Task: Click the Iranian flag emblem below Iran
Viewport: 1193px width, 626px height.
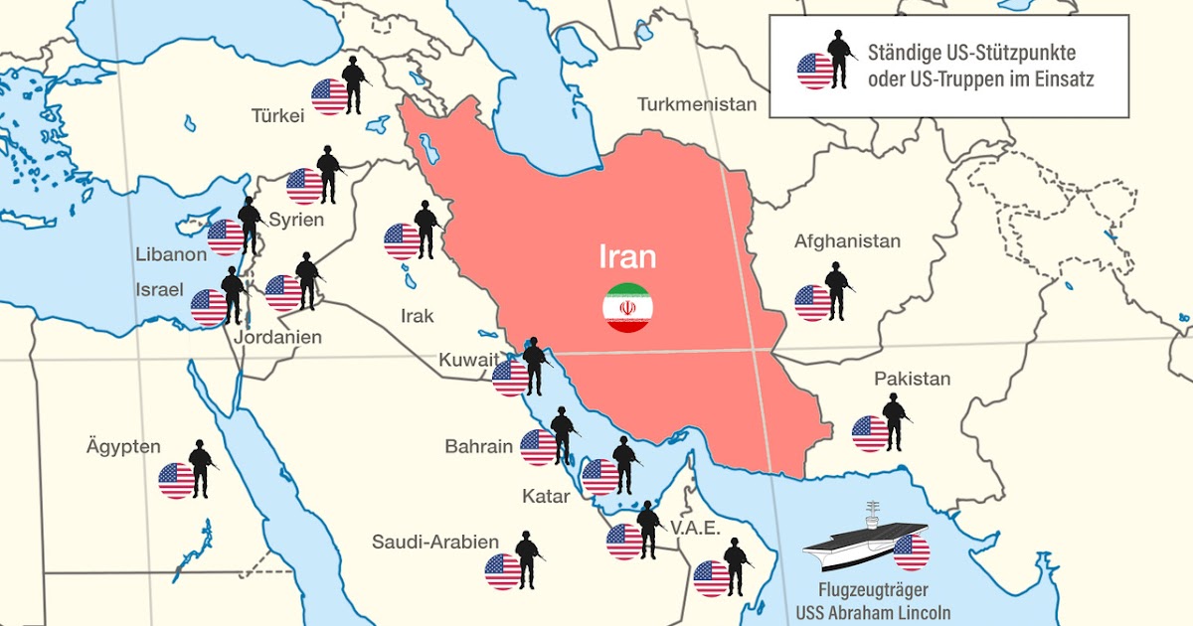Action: [x=627, y=308]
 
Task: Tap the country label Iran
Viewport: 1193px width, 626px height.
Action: [x=627, y=257]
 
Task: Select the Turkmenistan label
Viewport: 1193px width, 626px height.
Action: [x=697, y=104]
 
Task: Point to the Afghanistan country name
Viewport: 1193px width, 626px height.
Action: [x=847, y=241]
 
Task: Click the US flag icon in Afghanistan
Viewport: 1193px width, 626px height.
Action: [x=813, y=303]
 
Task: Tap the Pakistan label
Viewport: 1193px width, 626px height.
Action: [x=912, y=379]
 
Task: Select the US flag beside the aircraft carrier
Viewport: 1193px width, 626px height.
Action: [x=911, y=552]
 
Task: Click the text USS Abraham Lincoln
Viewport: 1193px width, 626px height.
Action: [x=873, y=611]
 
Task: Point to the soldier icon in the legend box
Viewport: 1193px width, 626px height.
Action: [x=840, y=60]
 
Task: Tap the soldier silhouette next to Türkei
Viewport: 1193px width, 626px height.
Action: [x=353, y=85]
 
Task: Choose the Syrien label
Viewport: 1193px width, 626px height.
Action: [x=297, y=219]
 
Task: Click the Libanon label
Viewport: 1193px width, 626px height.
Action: [x=171, y=254]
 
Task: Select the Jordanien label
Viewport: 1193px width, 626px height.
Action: [x=278, y=337]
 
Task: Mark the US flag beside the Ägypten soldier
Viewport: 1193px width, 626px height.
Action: [x=177, y=481]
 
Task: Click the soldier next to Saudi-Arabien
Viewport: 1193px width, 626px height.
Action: [x=526, y=560]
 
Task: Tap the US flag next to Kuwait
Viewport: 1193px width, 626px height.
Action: [x=510, y=378]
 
